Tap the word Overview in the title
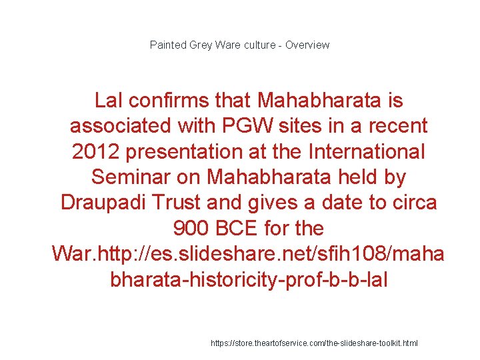click(x=307, y=45)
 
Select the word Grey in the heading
click(x=201, y=45)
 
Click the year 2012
click(x=96, y=151)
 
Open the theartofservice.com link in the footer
click(x=314, y=343)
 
